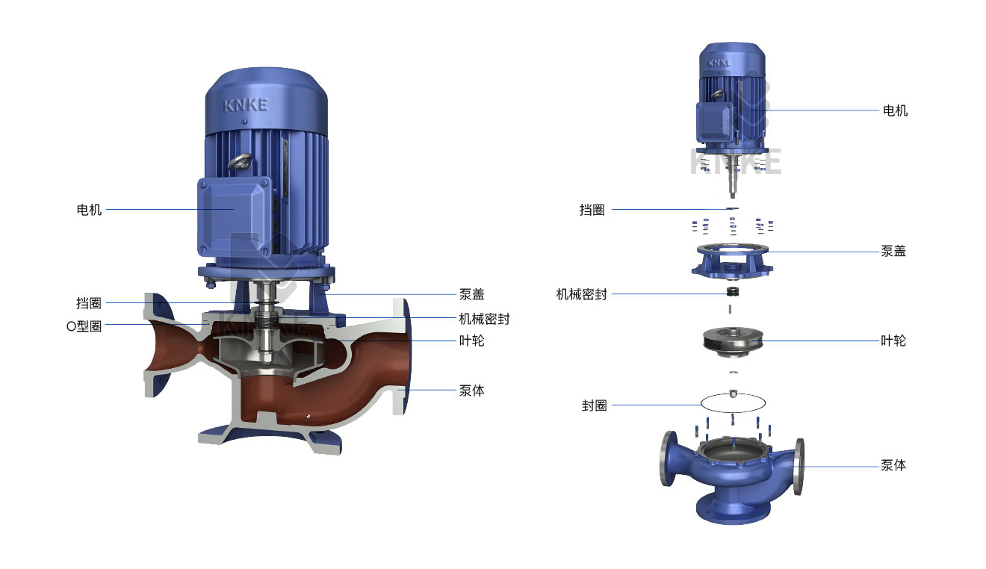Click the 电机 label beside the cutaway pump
[x=89, y=210]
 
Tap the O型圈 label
[x=84, y=326]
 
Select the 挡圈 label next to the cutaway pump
[x=89, y=302]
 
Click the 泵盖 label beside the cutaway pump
[x=471, y=294]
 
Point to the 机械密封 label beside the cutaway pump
[x=484, y=319]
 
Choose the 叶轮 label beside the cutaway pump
[x=471, y=341]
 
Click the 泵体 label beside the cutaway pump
[x=471, y=391]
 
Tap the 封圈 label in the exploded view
[x=595, y=405]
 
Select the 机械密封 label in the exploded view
[x=581, y=294]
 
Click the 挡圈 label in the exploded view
[x=592, y=210]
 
